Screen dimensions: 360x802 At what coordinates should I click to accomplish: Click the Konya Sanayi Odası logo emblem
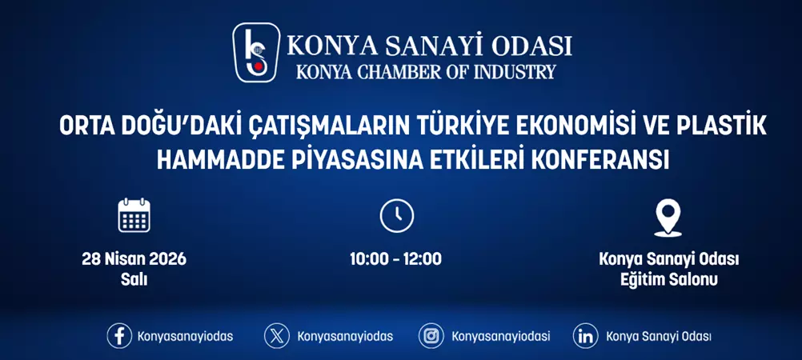click(255, 52)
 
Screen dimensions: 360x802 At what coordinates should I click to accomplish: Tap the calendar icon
click(134, 215)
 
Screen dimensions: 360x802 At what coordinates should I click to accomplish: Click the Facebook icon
click(119, 336)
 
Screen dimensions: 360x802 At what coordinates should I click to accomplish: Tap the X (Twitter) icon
click(277, 336)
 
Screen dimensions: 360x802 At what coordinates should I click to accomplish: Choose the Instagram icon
click(431, 336)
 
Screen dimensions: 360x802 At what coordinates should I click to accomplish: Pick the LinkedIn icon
click(586, 336)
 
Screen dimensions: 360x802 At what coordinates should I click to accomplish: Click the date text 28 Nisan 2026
click(134, 259)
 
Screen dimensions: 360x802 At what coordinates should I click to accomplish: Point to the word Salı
click(134, 280)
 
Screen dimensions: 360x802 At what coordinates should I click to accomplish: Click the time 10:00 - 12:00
click(395, 259)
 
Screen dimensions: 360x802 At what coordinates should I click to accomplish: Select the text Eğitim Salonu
click(668, 280)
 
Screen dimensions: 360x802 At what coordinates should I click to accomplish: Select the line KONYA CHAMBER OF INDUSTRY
click(425, 71)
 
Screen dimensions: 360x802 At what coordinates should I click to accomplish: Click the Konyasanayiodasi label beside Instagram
click(500, 336)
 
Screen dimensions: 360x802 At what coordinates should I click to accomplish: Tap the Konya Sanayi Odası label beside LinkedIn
click(659, 336)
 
